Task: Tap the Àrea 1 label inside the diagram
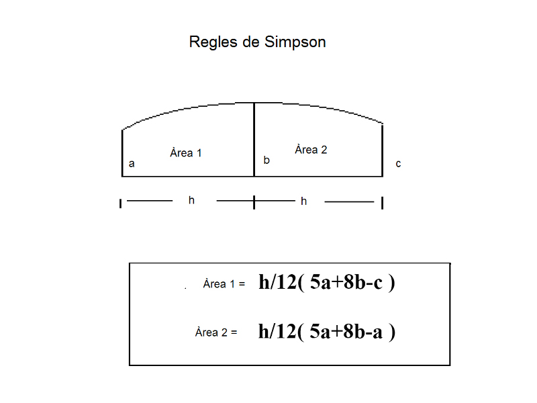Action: (x=186, y=153)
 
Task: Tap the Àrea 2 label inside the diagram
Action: (x=311, y=150)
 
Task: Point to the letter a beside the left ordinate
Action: (x=132, y=163)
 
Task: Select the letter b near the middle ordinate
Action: (x=266, y=161)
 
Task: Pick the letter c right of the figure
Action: (x=398, y=163)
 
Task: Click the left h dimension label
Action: (x=191, y=200)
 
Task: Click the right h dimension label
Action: (x=304, y=201)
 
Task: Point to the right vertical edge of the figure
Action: (x=383, y=150)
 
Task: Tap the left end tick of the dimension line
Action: (x=121, y=203)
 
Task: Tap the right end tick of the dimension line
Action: (x=383, y=203)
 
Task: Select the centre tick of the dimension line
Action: (x=254, y=201)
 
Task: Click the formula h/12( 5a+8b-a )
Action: (x=326, y=331)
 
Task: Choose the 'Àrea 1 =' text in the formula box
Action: (x=224, y=284)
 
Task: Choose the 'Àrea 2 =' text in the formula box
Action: (x=216, y=332)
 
